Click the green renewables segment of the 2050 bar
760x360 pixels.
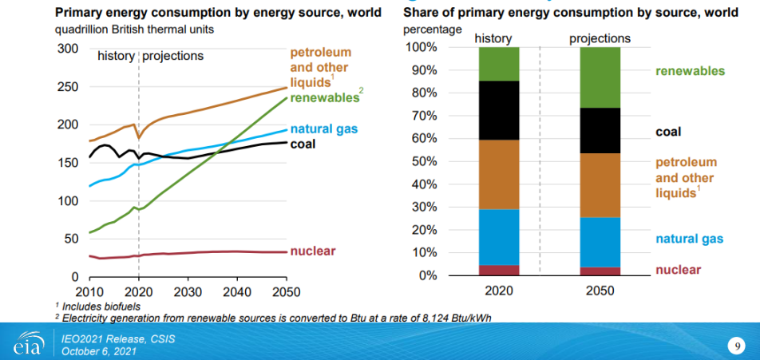(600, 77)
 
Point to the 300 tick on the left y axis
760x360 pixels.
(67, 49)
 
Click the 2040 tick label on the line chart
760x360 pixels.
(236, 291)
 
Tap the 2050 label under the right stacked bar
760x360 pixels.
(600, 291)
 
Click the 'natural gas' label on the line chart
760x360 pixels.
(324, 129)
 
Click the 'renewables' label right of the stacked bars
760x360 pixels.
(690, 71)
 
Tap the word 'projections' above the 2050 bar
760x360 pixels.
(600, 38)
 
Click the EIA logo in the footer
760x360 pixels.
(26, 344)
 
